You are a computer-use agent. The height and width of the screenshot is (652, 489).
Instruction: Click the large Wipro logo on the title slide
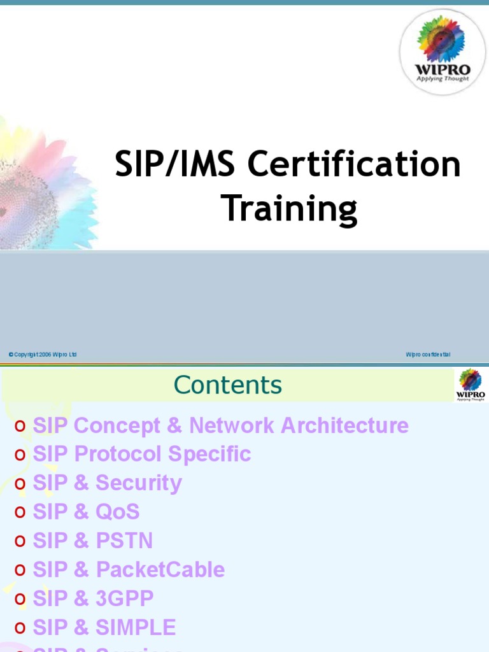click(443, 52)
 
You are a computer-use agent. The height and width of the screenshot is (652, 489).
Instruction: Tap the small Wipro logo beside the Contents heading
click(471, 385)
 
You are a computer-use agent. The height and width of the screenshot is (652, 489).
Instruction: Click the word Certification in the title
click(354, 165)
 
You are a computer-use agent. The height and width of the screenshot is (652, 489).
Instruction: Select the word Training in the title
click(288, 209)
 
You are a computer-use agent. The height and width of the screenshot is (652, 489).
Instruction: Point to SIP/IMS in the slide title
click(176, 165)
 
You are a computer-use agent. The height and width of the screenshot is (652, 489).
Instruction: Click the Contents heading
click(228, 385)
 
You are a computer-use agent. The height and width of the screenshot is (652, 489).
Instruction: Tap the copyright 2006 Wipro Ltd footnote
click(43, 355)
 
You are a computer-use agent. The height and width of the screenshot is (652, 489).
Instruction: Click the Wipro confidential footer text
click(428, 355)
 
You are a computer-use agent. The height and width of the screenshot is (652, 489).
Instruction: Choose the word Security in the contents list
click(139, 483)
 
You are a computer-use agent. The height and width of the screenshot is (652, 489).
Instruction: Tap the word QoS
click(118, 512)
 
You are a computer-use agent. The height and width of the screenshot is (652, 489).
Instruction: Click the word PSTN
click(124, 541)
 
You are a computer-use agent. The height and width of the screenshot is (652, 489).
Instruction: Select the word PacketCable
click(160, 569)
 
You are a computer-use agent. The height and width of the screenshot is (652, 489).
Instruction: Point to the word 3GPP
click(125, 599)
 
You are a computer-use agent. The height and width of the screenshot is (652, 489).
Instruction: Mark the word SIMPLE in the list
click(136, 627)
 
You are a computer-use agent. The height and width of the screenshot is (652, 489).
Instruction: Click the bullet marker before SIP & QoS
click(20, 513)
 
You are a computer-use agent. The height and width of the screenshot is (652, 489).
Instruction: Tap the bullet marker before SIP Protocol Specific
click(20, 455)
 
